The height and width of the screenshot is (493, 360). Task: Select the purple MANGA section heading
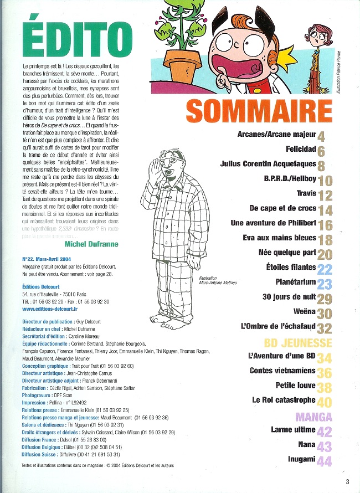pos(313,417)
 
